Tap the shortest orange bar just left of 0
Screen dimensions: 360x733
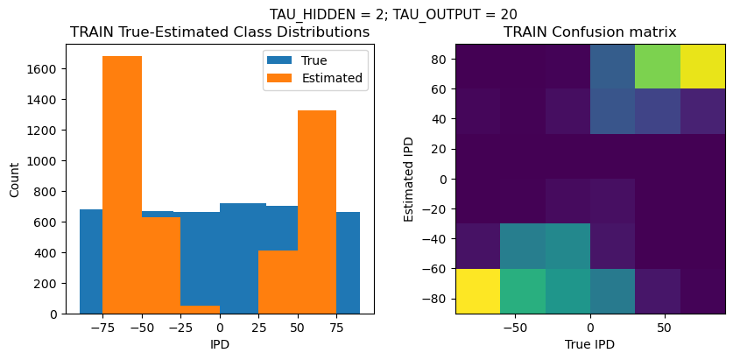click(200, 309)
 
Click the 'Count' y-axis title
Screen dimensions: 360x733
click(13, 179)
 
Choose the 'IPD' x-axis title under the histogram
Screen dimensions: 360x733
click(220, 344)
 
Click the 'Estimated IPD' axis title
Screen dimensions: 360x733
click(409, 179)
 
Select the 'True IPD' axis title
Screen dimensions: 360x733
click(590, 344)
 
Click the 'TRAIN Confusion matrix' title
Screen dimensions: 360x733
click(590, 32)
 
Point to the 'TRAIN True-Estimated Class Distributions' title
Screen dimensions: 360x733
click(220, 32)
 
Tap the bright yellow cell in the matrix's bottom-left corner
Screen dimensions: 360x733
click(477, 291)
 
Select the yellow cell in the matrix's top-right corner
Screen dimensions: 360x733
click(703, 66)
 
